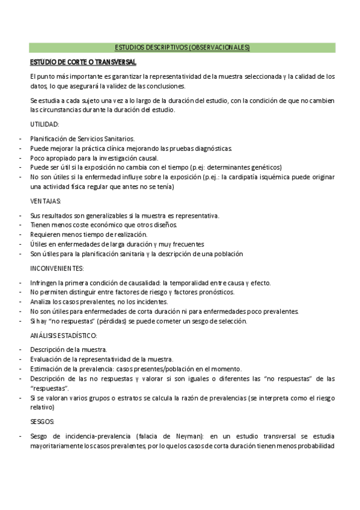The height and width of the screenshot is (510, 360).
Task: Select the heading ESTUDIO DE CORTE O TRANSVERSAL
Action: pyautogui.click(x=84, y=62)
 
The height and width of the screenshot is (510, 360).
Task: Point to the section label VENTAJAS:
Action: pyautogui.click(x=45, y=201)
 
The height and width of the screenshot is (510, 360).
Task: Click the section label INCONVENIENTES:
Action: pyautogui.click(x=57, y=268)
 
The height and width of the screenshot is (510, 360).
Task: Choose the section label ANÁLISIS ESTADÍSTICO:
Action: pyautogui.click(x=63, y=335)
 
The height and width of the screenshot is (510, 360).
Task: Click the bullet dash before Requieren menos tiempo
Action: pyautogui.click(x=21, y=235)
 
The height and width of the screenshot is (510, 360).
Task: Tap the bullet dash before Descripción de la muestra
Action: pyautogui.click(x=21, y=349)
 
